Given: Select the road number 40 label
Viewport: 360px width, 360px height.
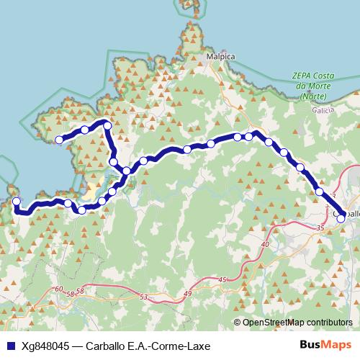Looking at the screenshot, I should (265, 245).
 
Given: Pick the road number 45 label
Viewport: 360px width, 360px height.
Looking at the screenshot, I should (222, 279).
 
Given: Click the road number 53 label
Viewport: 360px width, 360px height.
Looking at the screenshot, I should (143, 297).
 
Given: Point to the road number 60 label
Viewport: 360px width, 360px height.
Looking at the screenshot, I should (58, 289).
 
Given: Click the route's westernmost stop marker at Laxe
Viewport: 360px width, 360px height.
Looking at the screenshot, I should (17, 202).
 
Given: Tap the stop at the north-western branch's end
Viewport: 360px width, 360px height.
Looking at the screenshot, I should (59, 140).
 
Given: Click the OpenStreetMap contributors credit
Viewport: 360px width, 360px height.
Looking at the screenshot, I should (297, 323).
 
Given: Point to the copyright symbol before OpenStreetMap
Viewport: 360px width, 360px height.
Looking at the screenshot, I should (237, 323).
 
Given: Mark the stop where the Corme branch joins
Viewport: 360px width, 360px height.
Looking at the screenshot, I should (127, 171).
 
